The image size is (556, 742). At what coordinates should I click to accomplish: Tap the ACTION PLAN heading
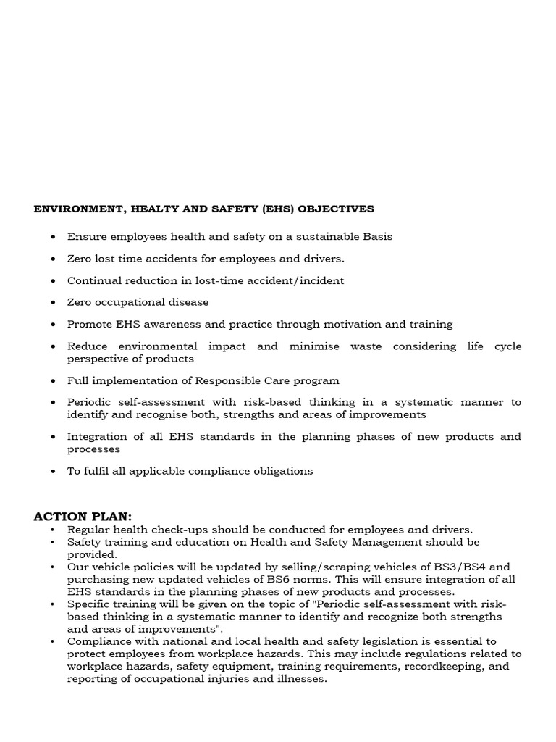click(x=83, y=516)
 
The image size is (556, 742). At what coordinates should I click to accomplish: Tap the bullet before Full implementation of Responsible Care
click(x=54, y=380)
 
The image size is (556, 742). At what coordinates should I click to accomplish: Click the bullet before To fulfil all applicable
click(x=54, y=471)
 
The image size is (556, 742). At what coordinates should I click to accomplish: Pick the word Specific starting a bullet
click(x=91, y=604)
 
